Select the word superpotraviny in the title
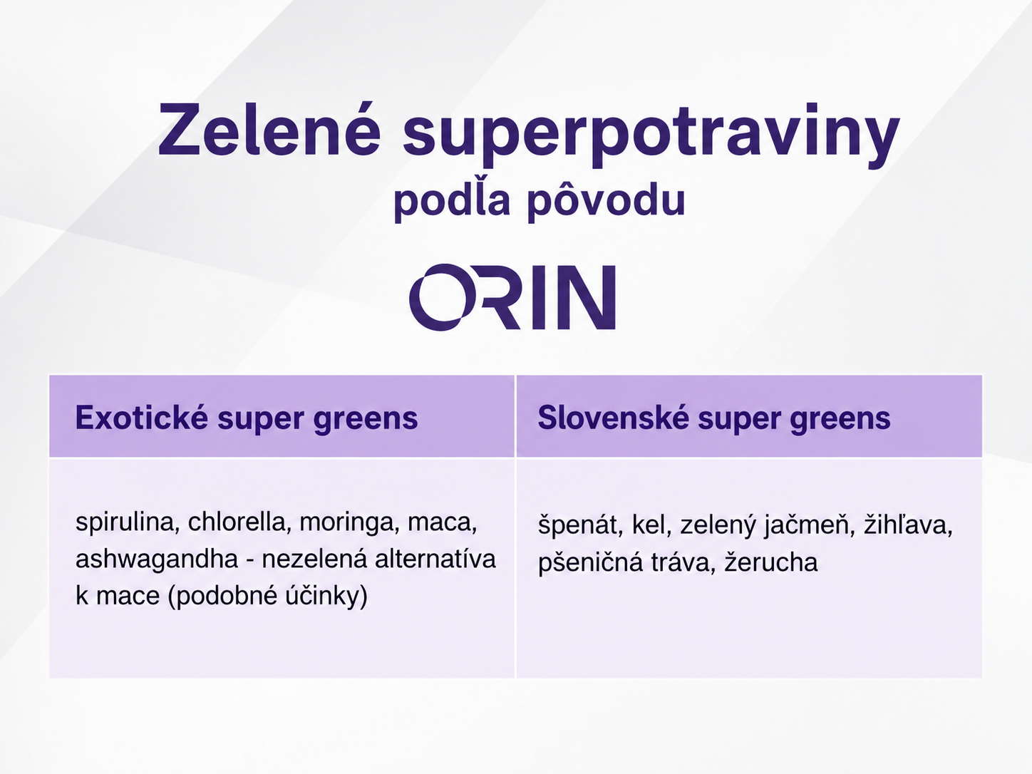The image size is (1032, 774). (x=651, y=135)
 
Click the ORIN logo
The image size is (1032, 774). (x=512, y=297)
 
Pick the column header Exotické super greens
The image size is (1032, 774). (x=247, y=418)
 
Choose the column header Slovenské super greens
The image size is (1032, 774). (x=713, y=418)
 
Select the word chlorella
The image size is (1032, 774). (x=237, y=522)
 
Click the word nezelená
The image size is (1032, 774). (x=314, y=559)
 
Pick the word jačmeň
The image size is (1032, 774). (x=810, y=525)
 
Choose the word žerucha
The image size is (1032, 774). (x=771, y=562)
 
